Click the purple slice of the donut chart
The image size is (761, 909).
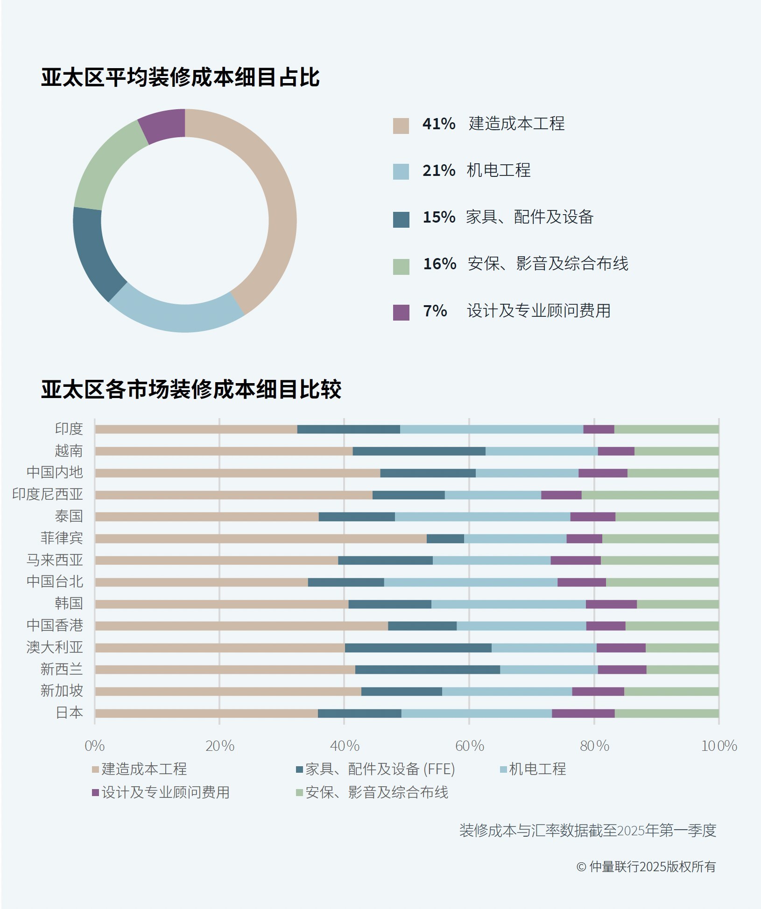pos(163,125)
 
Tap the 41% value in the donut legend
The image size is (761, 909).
pos(438,124)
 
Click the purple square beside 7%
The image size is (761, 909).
pos(401,312)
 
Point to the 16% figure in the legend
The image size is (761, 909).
pos(439,264)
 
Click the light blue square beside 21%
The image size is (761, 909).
pos(401,172)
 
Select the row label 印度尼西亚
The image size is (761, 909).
pos(48,494)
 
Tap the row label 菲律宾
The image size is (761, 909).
pos(62,538)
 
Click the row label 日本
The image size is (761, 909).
pos(69,713)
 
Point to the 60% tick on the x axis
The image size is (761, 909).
pos(469,746)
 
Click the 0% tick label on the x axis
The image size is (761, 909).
pos(94,746)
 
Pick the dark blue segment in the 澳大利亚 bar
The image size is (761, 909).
pos(418,648)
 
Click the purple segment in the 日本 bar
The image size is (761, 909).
pos(583,713)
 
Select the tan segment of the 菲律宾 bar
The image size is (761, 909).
pos(261,538)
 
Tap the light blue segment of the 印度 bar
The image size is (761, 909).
pos(491,429)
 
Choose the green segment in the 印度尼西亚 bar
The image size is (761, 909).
pos(650,495)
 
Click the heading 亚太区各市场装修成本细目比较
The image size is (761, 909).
pos(191,389)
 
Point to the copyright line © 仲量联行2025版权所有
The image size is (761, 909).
pos(646,867)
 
